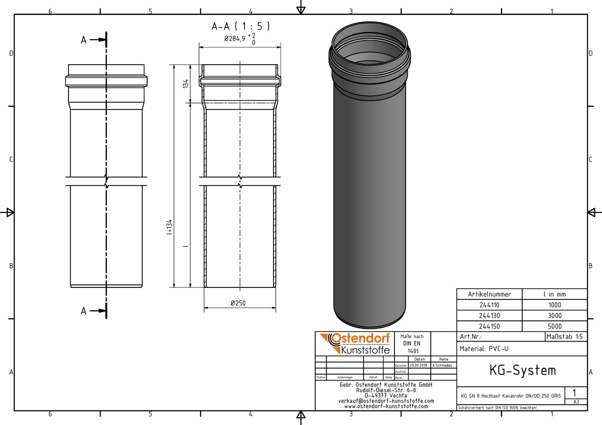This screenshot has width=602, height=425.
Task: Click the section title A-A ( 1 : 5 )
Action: tap(241, 26)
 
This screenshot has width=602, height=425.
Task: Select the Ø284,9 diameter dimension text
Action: tap(235, 38)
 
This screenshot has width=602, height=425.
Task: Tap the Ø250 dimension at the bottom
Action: tap(238, 303)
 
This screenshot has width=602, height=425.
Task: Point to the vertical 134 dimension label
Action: tap(186, 83)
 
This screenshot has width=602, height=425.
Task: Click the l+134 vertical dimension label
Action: tap(169, 227)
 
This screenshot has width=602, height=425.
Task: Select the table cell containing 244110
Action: tap(489, 305)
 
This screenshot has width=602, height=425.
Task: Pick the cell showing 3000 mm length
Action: tap(555, 316)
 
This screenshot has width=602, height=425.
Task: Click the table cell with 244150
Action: tap(489, 327)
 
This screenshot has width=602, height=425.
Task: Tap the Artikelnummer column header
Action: tap(489, 294)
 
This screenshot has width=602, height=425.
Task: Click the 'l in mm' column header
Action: tap(555, 294)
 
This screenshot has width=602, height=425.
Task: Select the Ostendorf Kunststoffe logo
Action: tap(355, 343)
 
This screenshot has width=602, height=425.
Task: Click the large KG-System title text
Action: tap(522, 371)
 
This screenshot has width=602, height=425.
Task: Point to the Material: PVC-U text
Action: tap(484, 349)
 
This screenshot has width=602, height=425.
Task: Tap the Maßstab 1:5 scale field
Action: tap(564, 337)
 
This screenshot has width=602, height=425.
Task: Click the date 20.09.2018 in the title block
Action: tap(418, 365)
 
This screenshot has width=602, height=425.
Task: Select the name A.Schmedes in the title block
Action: tap(442, 365)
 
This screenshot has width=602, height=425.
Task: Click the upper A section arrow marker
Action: tap(94, 39)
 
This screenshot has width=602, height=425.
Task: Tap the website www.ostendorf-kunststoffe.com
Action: tap(386, 406)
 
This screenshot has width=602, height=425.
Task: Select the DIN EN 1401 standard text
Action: tap(412, 344)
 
